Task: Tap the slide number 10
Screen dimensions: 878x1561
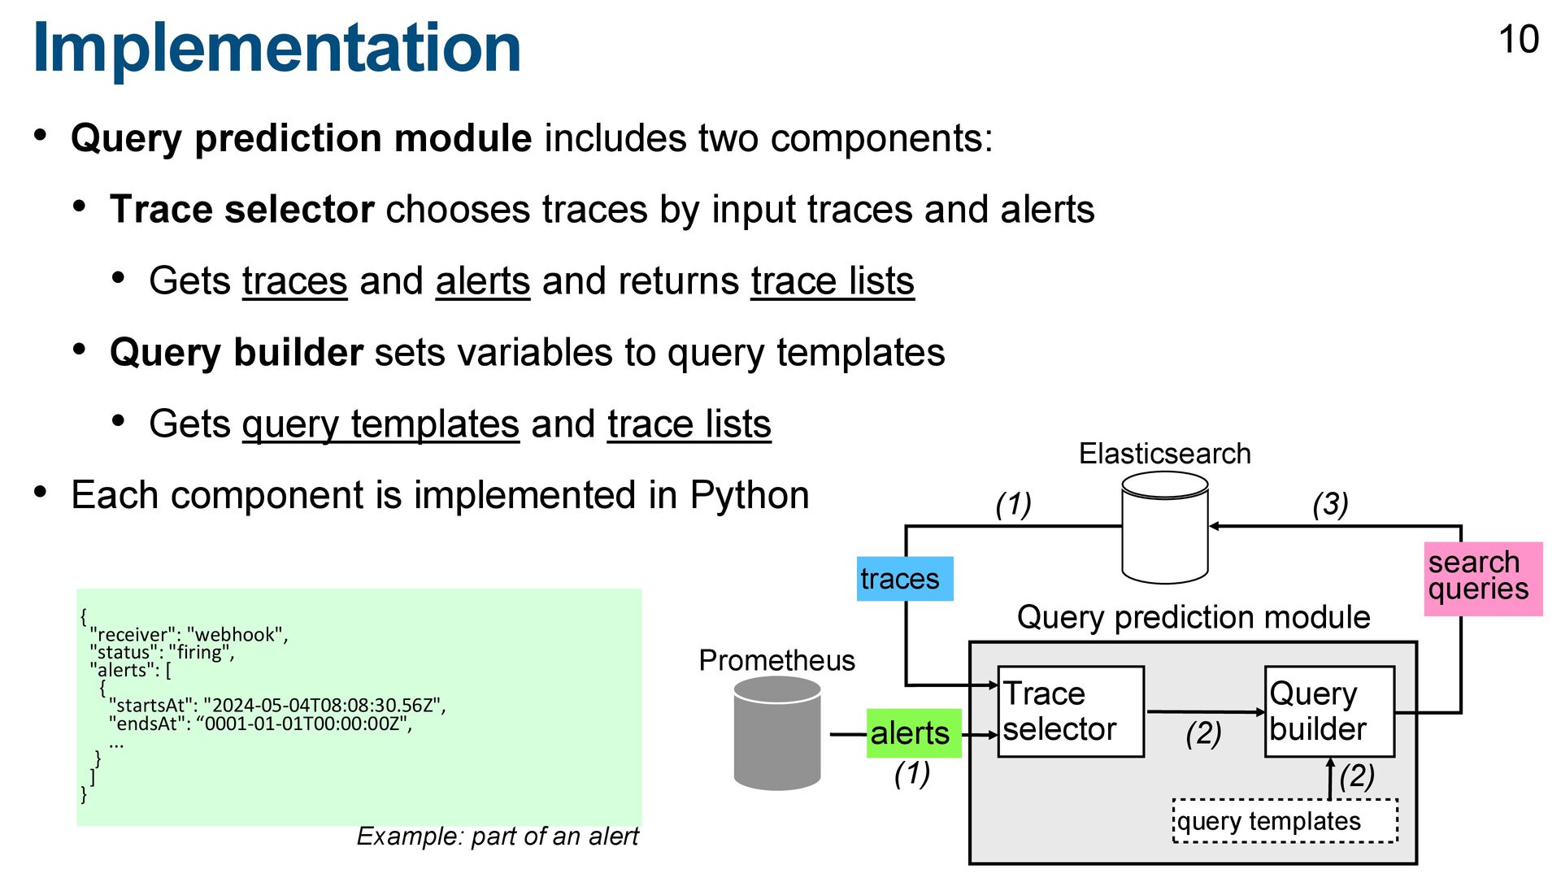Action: pyautogui.click(x=1518, y=40)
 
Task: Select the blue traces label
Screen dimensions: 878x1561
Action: pyautogui.click(x=904, y=579)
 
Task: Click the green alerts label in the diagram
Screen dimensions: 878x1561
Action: pyautogui.click(x=913, y=733)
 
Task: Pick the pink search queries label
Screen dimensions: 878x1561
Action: pyautogui.click(x=1482, y=577)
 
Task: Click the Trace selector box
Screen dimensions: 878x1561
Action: pyautogui.click(x=1070, y=711)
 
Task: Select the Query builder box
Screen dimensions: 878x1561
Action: pyautogui.click(x=1329, y=711)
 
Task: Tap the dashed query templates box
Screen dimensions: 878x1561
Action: pyautogui.click(x=1285, y=821)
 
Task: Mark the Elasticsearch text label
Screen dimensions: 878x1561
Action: pyautogui.click(x=1164, y=454)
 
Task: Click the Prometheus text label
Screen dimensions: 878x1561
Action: pyautogui.click(x=776, y=660)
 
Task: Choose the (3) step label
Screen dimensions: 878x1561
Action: pyautogui.click(x=1330, y=504)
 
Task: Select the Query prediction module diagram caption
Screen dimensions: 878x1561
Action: pyautogui.click(x=1193, y=617)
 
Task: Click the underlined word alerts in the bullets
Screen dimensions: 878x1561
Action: pyautogui.click(x=482, y=281)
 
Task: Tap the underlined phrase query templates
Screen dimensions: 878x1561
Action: pyautogui.click(x=380, y=424)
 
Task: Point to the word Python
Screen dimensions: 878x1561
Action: pyautogui.click(x=749, y=495)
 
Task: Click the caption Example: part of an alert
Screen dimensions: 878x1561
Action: pyautogui.click(x=498, y=836)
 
